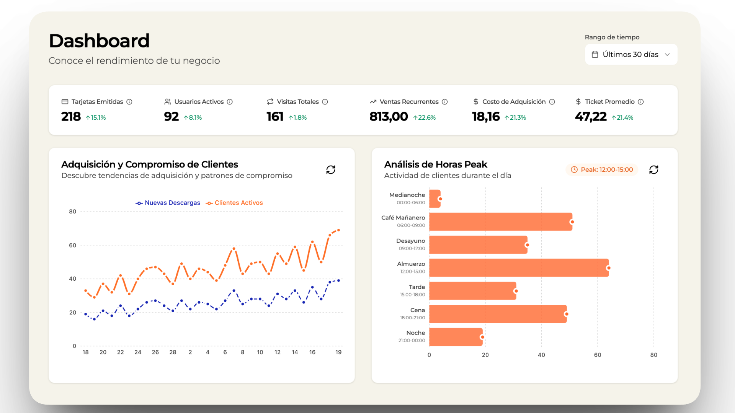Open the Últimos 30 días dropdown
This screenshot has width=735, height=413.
631,54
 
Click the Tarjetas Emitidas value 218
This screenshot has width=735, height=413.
71,116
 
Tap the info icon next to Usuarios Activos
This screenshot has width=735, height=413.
230,102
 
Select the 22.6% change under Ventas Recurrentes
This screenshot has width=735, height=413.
425,117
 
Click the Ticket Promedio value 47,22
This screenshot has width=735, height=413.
591,116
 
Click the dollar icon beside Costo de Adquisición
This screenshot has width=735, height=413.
476,102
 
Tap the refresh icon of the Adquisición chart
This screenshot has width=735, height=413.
331,169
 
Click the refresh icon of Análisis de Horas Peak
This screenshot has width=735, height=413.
654,169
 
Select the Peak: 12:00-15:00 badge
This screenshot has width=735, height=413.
602,169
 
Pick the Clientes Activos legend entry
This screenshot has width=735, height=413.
234,203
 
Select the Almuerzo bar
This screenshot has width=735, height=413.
519,268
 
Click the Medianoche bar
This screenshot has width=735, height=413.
434,199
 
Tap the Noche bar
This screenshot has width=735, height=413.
456,337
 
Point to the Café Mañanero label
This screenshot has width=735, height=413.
403,218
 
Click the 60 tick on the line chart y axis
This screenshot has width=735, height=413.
72,245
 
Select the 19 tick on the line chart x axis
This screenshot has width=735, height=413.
338,352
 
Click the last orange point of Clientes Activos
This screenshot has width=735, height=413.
338,230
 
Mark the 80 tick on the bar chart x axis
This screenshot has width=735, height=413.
653,355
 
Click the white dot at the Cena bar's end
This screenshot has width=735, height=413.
566,314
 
